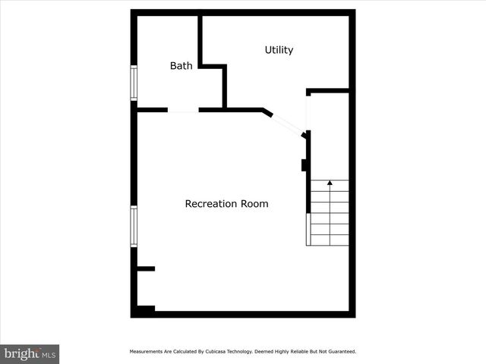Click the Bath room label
[x=181, y=66]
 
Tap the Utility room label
[x=279, y=50]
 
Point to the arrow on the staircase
[x=329, y=184]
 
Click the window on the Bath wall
[x=134, y=83]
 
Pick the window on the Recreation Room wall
[x=134, y=226]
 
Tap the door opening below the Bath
[x=183, y=111]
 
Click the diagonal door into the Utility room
[x=287, y=123]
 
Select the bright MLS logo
[x=30, y=353]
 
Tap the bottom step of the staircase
[x=329, y=240]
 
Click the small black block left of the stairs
[x=304, y=165]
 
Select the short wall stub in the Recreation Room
[x=146, y=268]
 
